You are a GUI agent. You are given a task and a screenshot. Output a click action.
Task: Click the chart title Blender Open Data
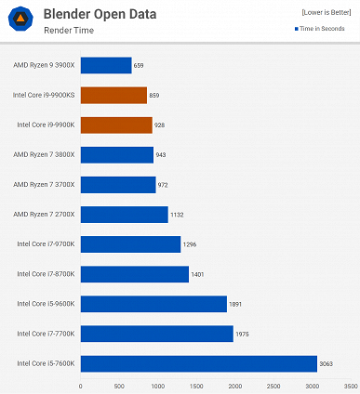100,14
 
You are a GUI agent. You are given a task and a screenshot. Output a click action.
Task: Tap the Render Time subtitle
69,30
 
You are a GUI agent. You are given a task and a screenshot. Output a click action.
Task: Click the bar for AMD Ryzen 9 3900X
106,65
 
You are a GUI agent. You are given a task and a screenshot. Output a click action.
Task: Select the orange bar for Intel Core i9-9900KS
113,95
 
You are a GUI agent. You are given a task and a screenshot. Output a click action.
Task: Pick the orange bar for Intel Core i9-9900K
116,125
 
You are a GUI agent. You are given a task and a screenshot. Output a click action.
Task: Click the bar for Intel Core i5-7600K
198,362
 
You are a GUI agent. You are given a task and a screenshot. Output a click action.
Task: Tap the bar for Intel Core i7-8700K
134,273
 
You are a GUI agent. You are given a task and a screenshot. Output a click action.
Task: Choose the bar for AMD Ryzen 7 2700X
124,214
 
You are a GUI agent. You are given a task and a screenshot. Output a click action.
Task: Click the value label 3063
327,362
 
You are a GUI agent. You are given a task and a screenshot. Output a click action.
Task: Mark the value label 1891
236,303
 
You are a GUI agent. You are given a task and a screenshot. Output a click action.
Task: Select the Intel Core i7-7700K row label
46,333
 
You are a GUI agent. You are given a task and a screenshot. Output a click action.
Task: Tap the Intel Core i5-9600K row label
46,303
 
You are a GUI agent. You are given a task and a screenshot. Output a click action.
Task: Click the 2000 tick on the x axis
234,385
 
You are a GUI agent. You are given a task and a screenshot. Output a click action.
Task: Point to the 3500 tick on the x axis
350,385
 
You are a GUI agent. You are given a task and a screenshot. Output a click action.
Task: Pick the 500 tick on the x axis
119,385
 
